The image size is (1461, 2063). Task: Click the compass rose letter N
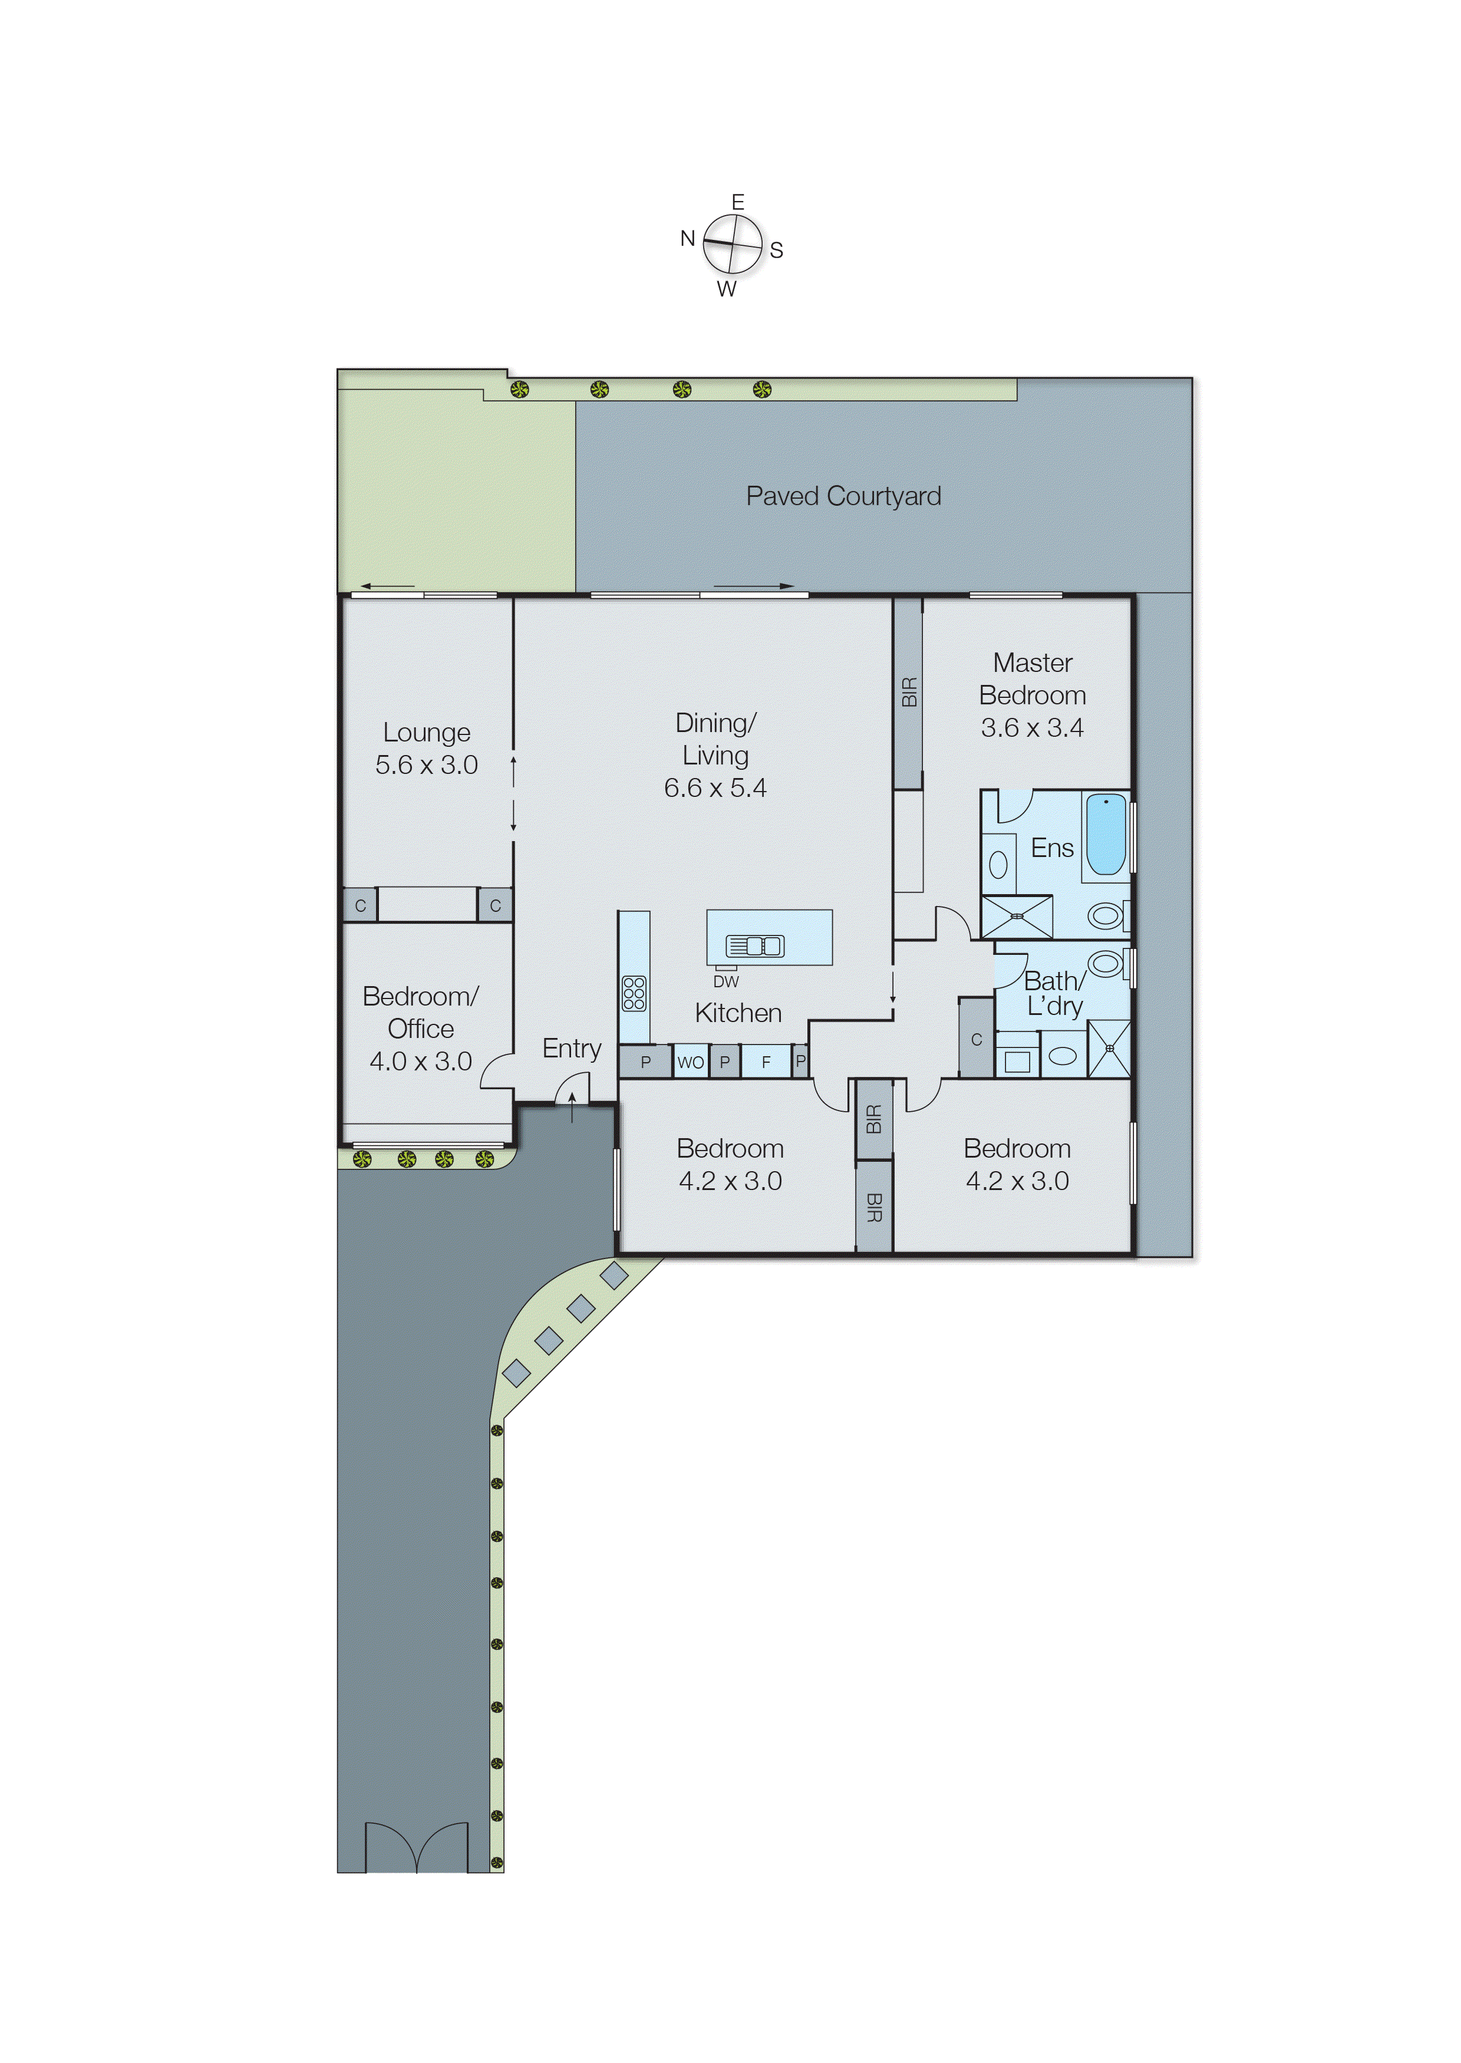687,238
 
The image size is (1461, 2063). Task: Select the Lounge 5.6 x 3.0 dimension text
427,764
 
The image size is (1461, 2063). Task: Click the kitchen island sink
755,945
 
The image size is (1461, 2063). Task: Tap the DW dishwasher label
725,981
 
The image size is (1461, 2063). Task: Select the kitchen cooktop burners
634,993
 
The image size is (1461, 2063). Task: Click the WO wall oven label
690,1063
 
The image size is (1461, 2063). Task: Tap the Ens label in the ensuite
1051,848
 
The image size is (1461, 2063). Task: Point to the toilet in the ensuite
1106,916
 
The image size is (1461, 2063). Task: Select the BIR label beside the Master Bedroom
909,692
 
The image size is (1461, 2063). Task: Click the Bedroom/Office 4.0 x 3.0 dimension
420,1061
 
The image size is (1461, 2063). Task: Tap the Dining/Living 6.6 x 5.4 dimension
715,788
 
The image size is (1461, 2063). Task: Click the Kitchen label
738,1013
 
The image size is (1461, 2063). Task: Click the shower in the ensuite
1017,917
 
